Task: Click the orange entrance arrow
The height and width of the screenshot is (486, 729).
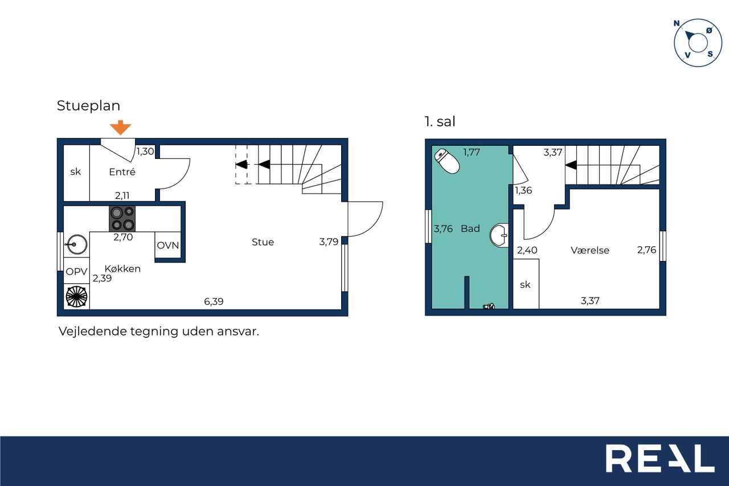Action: (120, 127)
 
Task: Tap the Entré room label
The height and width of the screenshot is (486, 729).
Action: (122, 172)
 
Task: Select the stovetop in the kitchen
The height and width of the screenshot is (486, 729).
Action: (122, 218)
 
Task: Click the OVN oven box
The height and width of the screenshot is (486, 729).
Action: (168, 245)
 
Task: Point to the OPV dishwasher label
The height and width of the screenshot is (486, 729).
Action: (76, 271)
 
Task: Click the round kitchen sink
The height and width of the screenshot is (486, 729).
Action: (76, 244)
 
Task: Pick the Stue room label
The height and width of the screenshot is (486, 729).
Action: (263, 242)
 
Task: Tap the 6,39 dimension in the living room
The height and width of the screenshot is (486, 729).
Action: (214, 301)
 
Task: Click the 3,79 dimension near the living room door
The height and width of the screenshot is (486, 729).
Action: (329, 242)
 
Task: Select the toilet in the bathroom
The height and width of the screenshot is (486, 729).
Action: (447, 161)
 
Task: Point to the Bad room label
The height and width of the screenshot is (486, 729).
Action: (470, 228)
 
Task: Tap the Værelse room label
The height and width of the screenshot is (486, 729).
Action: (589, 250)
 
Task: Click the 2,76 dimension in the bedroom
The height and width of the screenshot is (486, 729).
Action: (646, 250)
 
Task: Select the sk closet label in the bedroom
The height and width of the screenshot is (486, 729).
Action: (525, 285)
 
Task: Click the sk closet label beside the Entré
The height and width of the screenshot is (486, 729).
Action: (76, 171)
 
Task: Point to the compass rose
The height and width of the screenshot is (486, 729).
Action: (698, 43)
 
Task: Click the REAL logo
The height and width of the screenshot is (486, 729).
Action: (660, 458)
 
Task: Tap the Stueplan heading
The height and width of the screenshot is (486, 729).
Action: (88, 106)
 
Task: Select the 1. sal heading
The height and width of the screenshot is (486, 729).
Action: (440, 121)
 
